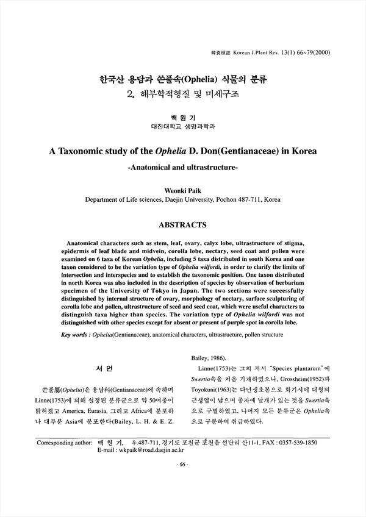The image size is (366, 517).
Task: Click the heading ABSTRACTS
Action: click(x=182, y=225)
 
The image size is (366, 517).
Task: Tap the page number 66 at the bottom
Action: click(x=182, y=465)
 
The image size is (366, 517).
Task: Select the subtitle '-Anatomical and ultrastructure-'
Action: click(x=182, y=166)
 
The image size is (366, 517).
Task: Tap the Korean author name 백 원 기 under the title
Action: click(x=182, y=117)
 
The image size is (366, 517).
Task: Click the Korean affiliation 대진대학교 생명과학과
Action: click(x=182, y=127)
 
